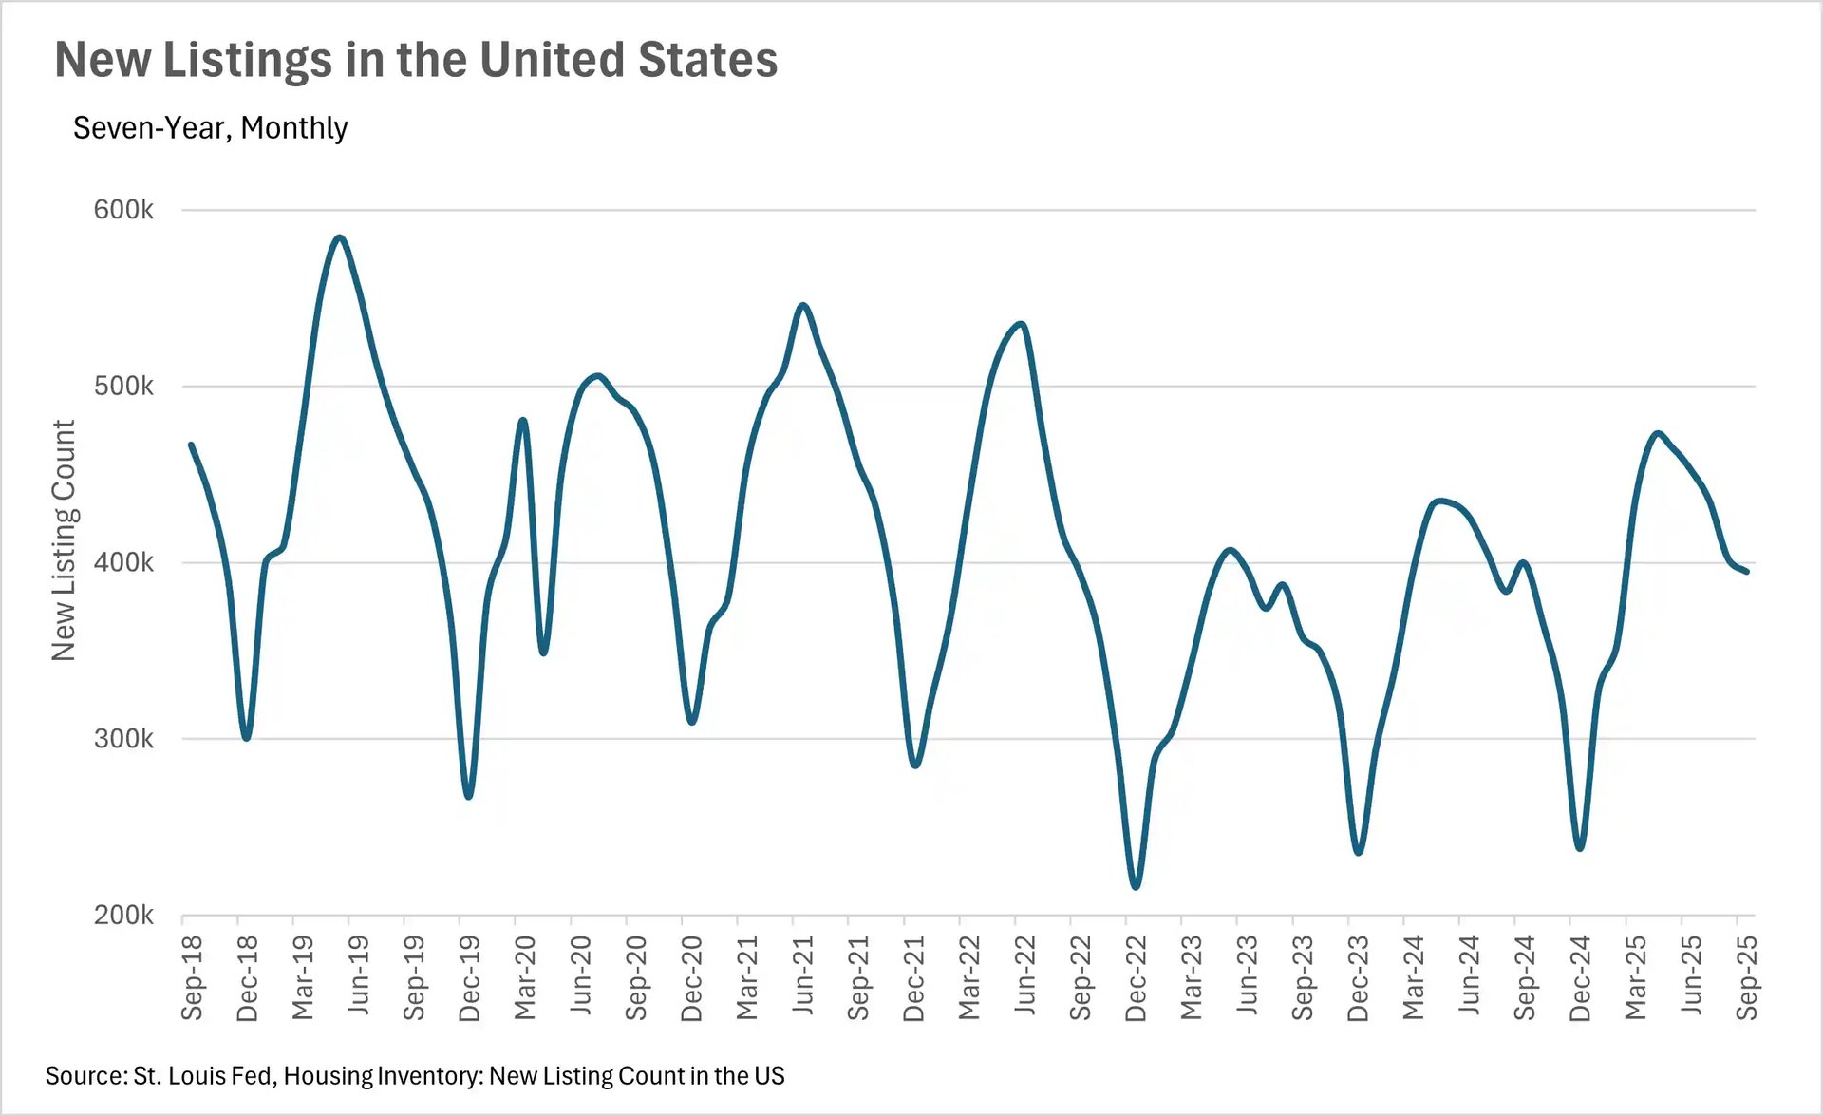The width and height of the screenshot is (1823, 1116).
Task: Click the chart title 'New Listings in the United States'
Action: click(416, 60)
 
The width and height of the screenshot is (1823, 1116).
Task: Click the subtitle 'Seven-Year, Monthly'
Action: click(210, 127)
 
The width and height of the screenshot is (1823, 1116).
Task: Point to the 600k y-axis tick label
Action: click(123, 209)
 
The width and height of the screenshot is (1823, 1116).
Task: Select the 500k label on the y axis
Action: click(123, 386)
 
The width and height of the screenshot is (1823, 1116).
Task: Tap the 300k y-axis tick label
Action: click(123, 738)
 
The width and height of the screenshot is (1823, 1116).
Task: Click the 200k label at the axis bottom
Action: click(123, 915)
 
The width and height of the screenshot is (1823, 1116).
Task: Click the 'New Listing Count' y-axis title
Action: click(63, 539)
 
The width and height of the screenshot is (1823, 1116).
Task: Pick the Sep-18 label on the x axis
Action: click(192, 977)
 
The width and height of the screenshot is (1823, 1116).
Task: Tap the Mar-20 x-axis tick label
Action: click(525, 977)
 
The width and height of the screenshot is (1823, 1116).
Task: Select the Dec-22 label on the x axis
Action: click(1136, 977)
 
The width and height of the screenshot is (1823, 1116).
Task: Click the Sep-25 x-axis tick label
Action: click(1747, 977)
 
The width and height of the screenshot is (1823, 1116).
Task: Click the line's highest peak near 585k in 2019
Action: click(339, 237)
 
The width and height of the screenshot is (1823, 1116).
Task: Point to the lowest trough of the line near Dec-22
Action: click(1136, 886)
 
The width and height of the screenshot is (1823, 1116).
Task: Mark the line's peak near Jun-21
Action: click(803, 305)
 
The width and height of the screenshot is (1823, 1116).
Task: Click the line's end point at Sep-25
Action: click(1747, 571)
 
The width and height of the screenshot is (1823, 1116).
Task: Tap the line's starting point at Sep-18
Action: click(191, 445)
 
